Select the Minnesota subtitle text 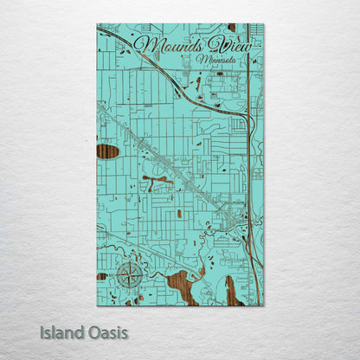click(x=219, y=61)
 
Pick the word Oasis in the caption click(x=106, y=332)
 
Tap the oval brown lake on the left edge click(x=107, y=151)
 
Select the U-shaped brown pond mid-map click(x=156, y=182)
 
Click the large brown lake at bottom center click(x=186, y=286)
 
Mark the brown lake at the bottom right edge click(x=234, y=292)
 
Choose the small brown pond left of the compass click(x=102, y=276)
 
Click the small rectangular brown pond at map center click(x=179, y=213)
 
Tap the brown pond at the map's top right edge click(x=231, y=28)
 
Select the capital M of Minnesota click(x=202, y=60)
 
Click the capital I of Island click(x=42, y=332)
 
